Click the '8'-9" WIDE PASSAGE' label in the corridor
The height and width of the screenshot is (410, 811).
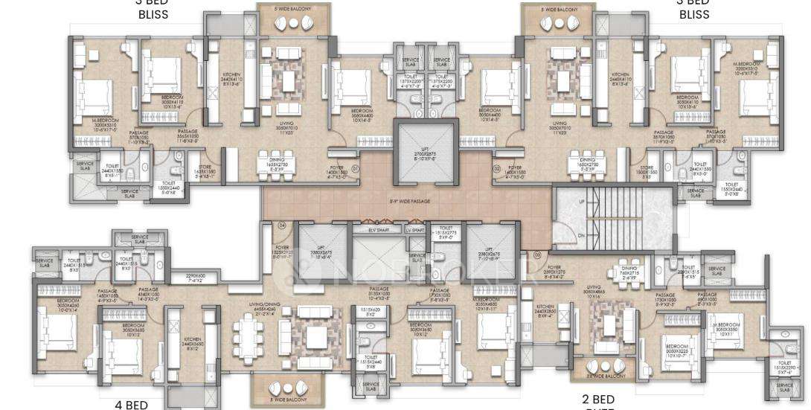[400, 201]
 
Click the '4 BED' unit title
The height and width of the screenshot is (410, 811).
[131, 405]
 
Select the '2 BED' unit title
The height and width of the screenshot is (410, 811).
[598, 400]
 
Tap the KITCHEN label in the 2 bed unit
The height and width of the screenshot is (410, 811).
[545, 309]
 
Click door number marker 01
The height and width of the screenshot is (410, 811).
[355, 168]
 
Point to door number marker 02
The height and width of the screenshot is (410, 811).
[497, 168]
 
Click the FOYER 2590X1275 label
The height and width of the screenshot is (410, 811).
[554, 269]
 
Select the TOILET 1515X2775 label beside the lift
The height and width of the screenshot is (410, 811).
[446, 232]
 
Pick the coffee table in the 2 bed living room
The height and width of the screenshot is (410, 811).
[611, 324]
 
